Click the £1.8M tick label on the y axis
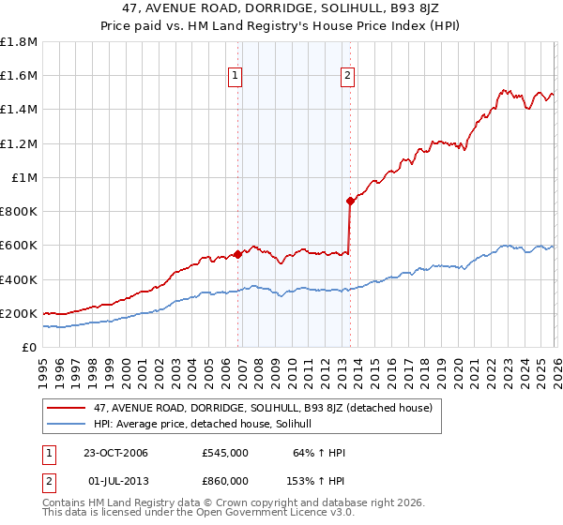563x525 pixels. [19, 42]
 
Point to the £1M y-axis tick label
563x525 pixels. [24, 178]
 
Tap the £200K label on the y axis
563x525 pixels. [19, 314]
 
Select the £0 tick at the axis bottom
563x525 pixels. [31, 348]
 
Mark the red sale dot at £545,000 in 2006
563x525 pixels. [238, 253]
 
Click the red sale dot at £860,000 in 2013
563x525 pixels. [350, 200]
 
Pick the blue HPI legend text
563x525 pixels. [208, 424]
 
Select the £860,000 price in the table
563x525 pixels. [224, 479]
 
